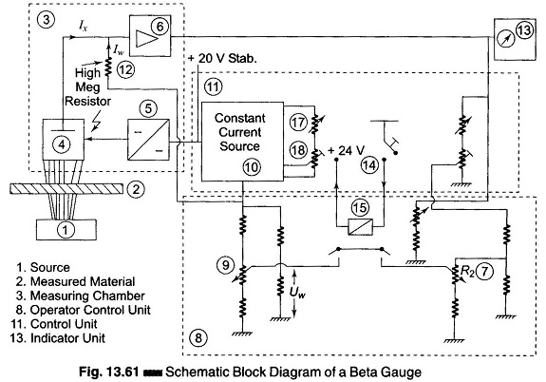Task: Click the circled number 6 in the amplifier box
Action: [x=160, y=26]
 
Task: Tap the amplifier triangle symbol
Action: [x=146, y=38]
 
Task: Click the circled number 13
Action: [x=524, y=29]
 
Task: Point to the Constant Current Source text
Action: [x=240, y=132]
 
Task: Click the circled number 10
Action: [x=252, y=167]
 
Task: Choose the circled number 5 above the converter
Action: [x=148, y=108]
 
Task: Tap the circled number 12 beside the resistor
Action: [x=125, y=69]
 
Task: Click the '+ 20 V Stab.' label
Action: [x=222, y=58]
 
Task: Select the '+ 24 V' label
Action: [x=347, y=150]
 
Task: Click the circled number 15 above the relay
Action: [x=360, y=207]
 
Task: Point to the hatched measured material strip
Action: [x=66, y=188]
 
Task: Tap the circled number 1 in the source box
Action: [x=66, y=230]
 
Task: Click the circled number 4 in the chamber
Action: [x=62, y=143]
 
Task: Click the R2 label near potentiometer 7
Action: [x=467, y=271]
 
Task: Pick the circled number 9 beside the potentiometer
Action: [x=225, y=265]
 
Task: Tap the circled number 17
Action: [x=298, y=123]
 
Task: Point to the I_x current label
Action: [x=83, y=25]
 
